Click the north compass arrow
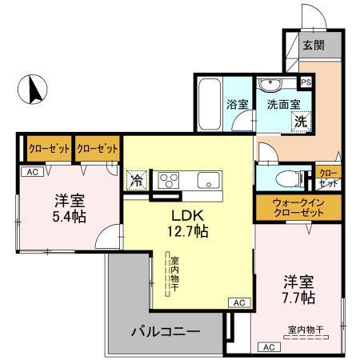34,89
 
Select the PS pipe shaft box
305,81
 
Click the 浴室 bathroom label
238,104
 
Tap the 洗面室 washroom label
283,104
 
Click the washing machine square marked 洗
300,122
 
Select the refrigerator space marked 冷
137,179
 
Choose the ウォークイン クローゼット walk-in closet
291,208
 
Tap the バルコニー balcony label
166,330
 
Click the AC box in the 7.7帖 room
269,346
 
